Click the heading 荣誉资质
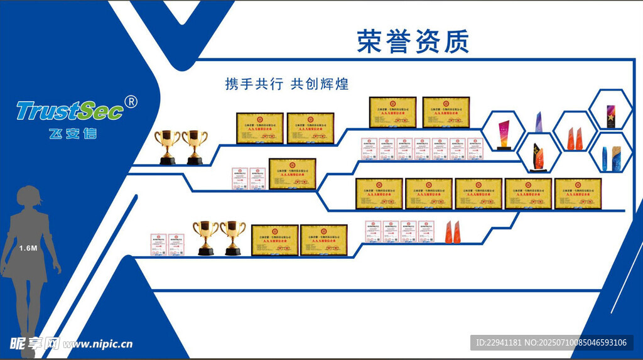413,41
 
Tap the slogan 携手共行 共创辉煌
287,84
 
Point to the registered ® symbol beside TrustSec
131,102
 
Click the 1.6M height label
28,248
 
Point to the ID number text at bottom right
551,342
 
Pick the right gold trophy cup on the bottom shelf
233,237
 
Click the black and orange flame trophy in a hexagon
538,155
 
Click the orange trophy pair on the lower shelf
454,232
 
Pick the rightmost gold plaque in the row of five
578,194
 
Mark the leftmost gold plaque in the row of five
379,194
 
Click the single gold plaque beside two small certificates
292,173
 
